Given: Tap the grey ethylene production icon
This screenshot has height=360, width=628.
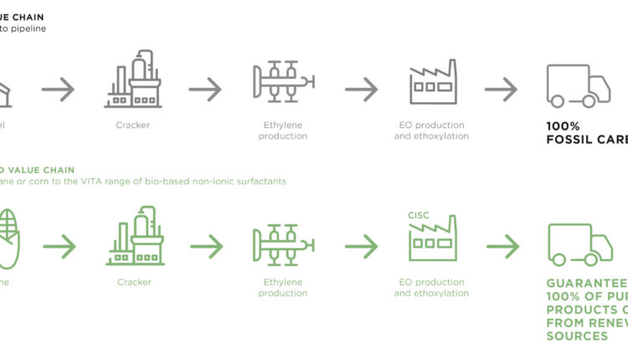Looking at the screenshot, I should (x=284, y=80).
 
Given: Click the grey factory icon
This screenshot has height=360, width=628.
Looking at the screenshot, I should (x=432, y=81).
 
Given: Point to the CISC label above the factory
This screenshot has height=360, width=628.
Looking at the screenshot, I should (x=419, y=215).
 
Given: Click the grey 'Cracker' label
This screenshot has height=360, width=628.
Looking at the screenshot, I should (x=133, y=125).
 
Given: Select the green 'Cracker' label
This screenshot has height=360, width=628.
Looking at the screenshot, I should (x=134, y=282).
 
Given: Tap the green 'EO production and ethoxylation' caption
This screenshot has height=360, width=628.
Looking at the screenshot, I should (x=431, y=287).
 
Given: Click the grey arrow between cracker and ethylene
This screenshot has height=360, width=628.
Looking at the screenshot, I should (x=206, y=87).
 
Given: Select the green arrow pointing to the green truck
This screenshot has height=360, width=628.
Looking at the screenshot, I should (x=502, y=246).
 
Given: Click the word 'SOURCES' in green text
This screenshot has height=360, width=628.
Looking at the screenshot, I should (x=577, y=336).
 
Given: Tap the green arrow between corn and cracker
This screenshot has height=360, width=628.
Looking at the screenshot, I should (x=59, y=246).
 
